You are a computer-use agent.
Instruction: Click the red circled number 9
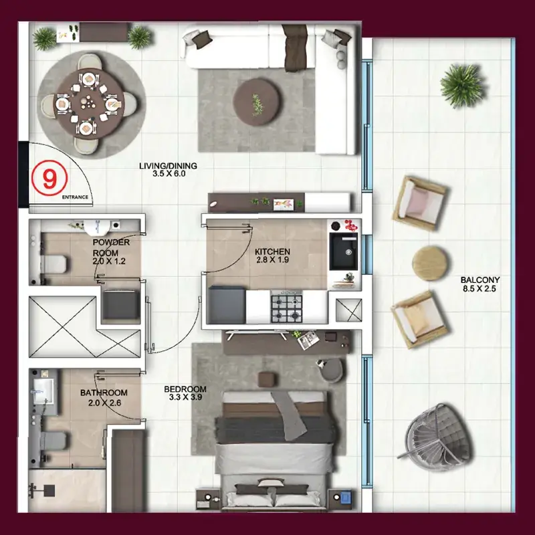[x=49, y=178]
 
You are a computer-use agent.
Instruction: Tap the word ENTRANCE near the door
[x=75, y=197]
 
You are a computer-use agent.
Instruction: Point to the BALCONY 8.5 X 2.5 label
[x=479, y=284]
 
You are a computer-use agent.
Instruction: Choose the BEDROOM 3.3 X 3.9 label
[x=185, y=393]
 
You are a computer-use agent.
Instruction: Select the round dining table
[x=90, y=104]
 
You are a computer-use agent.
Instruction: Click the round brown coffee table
[x=257, y=102]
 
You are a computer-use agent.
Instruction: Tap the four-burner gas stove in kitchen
[x=287, y=308]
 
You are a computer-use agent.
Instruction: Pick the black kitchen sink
[x=344, y=251]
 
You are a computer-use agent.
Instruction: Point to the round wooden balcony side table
[x=430, y=263]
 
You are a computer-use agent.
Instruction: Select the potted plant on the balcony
[x=463, y=86]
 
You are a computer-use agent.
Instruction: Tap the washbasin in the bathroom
[x=43, y=391]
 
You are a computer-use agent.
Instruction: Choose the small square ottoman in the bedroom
[x=266, y=379]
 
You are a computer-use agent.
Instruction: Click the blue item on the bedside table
[x=346, y=496]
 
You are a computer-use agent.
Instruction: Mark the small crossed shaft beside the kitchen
[x=348, y=310]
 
